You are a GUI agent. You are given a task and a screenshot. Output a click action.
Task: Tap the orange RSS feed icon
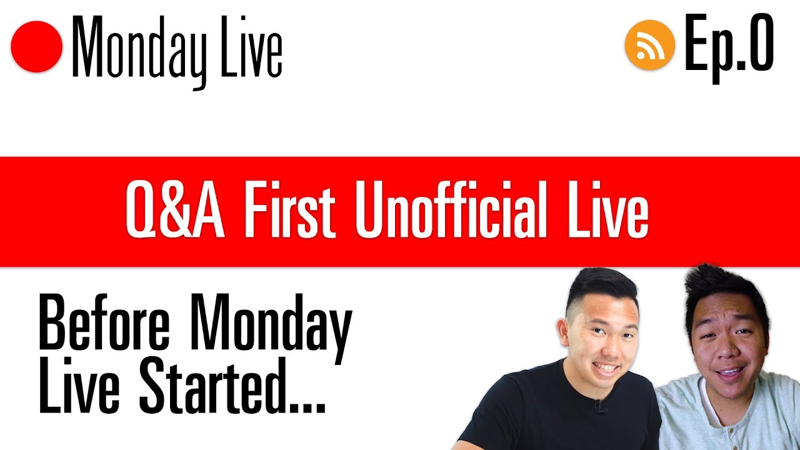[x=650, y=46]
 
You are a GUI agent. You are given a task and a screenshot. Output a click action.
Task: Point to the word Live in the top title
[x=252, y=47]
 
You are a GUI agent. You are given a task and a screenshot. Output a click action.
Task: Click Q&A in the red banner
[x=174, y=211]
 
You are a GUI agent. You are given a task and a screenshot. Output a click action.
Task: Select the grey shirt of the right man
[x=719, y=419]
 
